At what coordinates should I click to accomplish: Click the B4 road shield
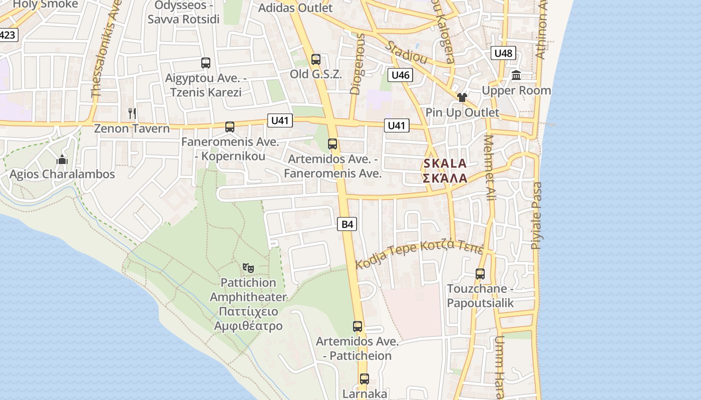coord(347,224)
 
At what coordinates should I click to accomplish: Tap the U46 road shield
coord(400,75)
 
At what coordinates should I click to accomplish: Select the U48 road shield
coord(503,53)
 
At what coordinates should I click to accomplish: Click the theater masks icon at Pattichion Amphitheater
coord(248,268)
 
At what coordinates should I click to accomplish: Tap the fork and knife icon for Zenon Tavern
coord(132,113)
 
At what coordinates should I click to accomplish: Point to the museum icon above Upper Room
coord(516,75)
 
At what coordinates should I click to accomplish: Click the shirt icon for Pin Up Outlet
coord(462,97)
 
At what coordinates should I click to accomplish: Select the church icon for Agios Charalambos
coord(62,159)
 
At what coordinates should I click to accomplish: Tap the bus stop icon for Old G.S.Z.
coord(315,59)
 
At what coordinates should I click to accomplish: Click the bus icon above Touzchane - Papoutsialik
coord(480,274)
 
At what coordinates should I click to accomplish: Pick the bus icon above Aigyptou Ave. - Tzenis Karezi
coord(206,63)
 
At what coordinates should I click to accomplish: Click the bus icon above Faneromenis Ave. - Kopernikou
coord(230,127)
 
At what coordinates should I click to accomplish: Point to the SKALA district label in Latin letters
coord(445,163)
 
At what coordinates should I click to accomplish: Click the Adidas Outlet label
coord(295,8)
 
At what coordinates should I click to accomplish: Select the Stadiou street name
coord(406,52)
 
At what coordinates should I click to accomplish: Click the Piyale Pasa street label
coord(536,215)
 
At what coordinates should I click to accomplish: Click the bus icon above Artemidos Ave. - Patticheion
coord(358,326)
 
